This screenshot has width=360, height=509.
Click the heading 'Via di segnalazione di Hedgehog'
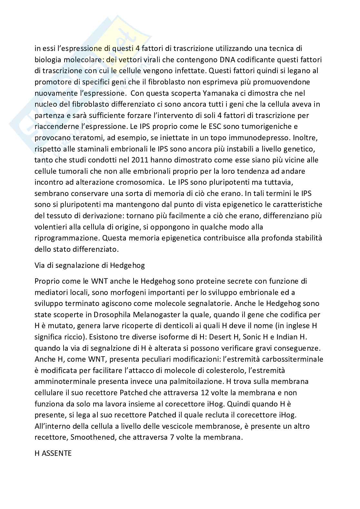[x=90, y=265]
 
